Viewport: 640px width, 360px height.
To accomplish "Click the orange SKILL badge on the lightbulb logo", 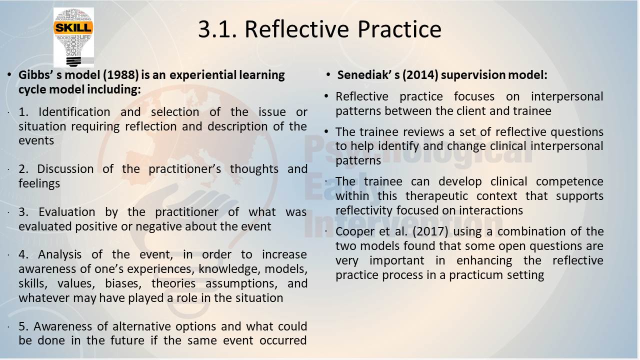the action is (x=73, y=28).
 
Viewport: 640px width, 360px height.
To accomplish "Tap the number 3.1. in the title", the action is (x=217, y=29).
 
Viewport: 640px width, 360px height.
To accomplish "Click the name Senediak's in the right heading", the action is (x=368, y=75).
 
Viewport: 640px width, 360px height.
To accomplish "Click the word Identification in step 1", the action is (x=74, y=111).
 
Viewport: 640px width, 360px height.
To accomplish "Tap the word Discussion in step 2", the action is (x=65, y=169).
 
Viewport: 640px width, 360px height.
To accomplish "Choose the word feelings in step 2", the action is (x=39, y=183).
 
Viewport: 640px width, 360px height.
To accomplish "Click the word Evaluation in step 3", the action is (x=67, y=212).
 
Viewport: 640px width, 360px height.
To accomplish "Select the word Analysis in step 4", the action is (x=59, y=254).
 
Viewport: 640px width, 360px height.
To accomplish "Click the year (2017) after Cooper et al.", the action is (x=430, y=231).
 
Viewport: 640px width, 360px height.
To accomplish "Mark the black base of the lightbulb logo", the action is (x=73, y=62).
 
